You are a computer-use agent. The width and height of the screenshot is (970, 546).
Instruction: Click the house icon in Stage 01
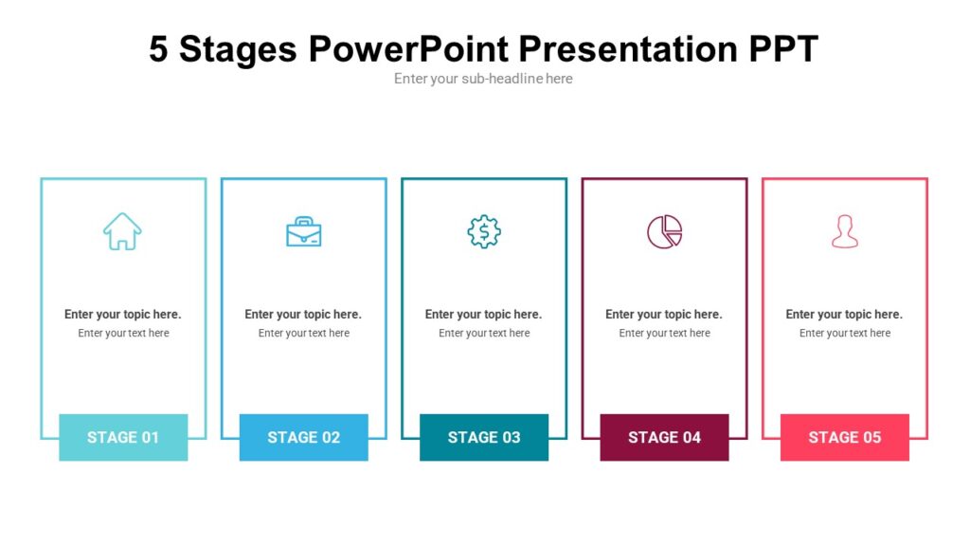coord(122,231)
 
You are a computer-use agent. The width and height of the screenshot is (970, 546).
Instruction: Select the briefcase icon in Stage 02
coord(303,231)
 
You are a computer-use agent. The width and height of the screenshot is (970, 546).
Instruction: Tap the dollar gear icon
coord(484,231)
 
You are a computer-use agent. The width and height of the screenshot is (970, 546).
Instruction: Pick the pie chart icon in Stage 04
coord(664,231)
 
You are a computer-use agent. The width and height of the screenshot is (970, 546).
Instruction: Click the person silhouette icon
coord(844,231)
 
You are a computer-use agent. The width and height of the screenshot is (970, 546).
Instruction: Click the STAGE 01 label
coord(123,437)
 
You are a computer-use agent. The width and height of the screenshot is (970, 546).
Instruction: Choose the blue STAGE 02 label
coord(303,437)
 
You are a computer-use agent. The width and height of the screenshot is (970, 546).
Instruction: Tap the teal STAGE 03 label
coord(484,437)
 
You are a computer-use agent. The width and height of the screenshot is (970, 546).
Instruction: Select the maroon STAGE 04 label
coord(664,437)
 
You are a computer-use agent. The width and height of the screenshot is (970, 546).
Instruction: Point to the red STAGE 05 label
coord(844,437)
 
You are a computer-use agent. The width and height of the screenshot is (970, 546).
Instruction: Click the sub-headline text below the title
coord(483,79)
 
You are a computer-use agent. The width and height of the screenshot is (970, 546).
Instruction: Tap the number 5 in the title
coord(158,49)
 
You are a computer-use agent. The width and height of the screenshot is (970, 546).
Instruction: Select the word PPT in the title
coord(781,49)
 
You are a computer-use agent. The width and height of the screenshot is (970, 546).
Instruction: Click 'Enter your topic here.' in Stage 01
coord(123,314)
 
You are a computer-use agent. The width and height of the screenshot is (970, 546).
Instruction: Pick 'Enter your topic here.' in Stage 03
coord(484,314)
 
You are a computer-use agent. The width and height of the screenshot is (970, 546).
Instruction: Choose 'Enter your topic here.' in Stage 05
coord(844,314)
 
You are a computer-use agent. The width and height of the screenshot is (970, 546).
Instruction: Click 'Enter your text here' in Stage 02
coord(303,333)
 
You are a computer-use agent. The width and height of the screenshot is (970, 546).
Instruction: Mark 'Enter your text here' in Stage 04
coord(664,333)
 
